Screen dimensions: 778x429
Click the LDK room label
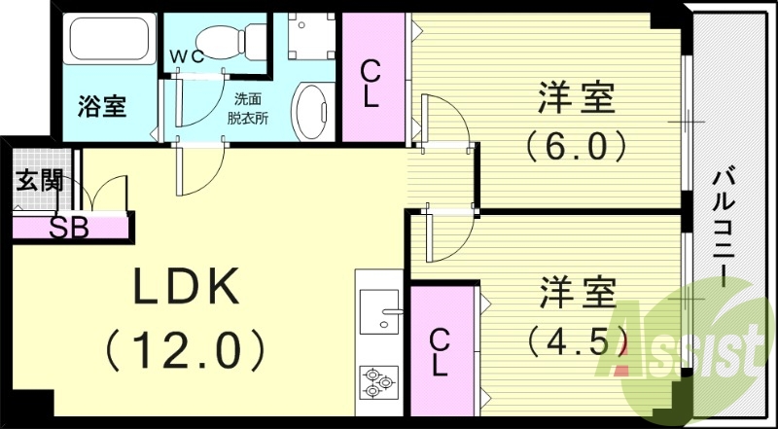point(185,288)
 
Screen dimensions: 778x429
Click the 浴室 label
point(102,106)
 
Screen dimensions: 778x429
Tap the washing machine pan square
point(311,36)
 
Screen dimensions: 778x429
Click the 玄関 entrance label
point(39,182)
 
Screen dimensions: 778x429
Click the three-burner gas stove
point(379,381)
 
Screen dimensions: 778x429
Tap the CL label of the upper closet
point(371,84)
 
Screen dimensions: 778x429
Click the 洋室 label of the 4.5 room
point(578,292)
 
